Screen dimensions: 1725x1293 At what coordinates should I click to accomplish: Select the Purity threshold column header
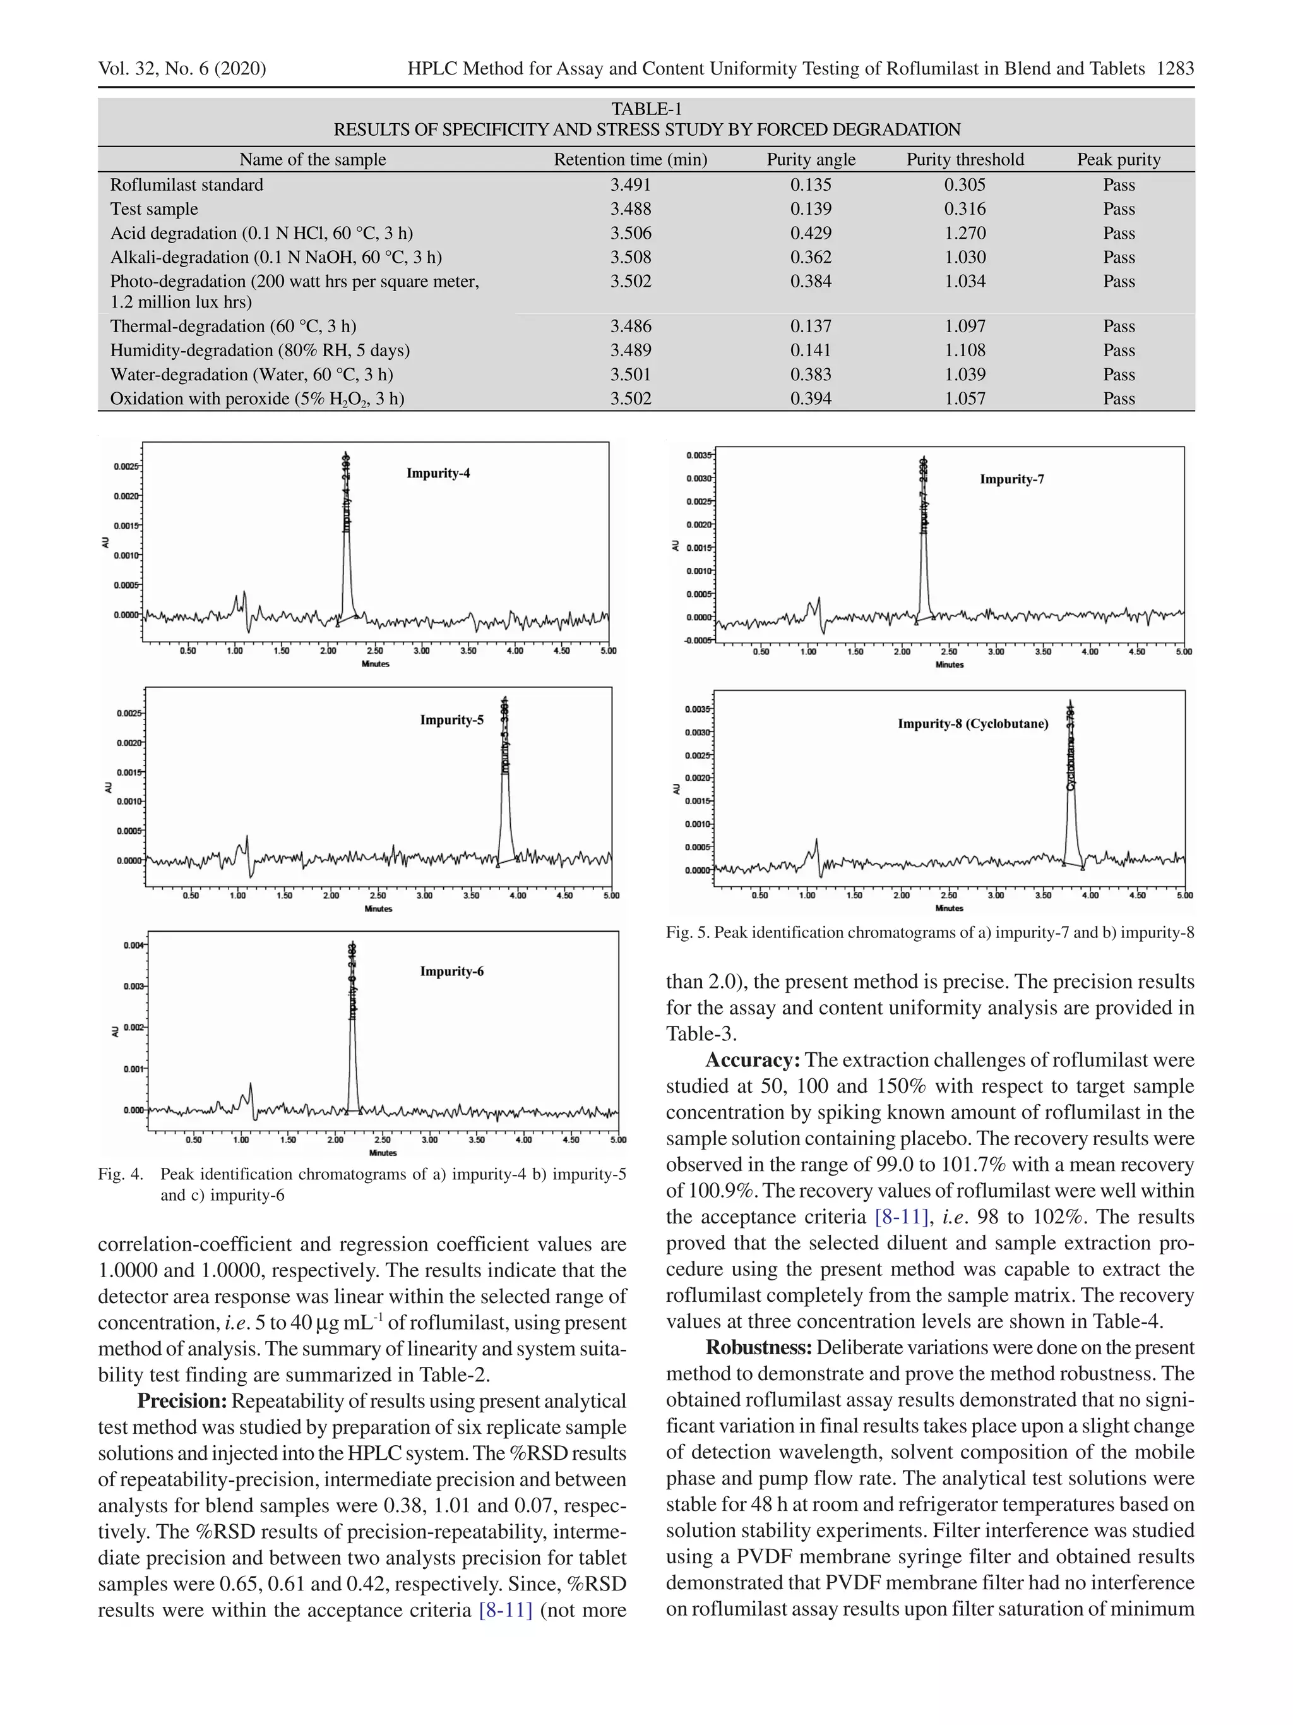coord(964,160)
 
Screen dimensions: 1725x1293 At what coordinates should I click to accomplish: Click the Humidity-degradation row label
coord(259,350)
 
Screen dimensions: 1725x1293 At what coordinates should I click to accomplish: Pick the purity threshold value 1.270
coord(965,233)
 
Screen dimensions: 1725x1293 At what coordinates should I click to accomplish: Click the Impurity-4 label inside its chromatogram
coord(438,473)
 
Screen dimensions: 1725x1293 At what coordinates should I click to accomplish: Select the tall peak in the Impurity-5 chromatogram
coord(506,780)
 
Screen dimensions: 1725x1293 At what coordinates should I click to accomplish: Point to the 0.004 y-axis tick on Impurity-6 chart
coord(133,945)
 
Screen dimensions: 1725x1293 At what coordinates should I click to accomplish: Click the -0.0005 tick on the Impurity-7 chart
coord(698,640)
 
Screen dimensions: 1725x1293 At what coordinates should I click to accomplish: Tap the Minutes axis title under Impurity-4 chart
coord(375,664)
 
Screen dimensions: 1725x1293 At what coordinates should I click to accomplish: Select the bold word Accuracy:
coord(752,1061)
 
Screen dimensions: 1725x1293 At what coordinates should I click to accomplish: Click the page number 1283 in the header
coord(1174,69)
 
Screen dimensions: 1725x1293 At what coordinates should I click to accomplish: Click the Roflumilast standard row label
coord(186,185)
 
